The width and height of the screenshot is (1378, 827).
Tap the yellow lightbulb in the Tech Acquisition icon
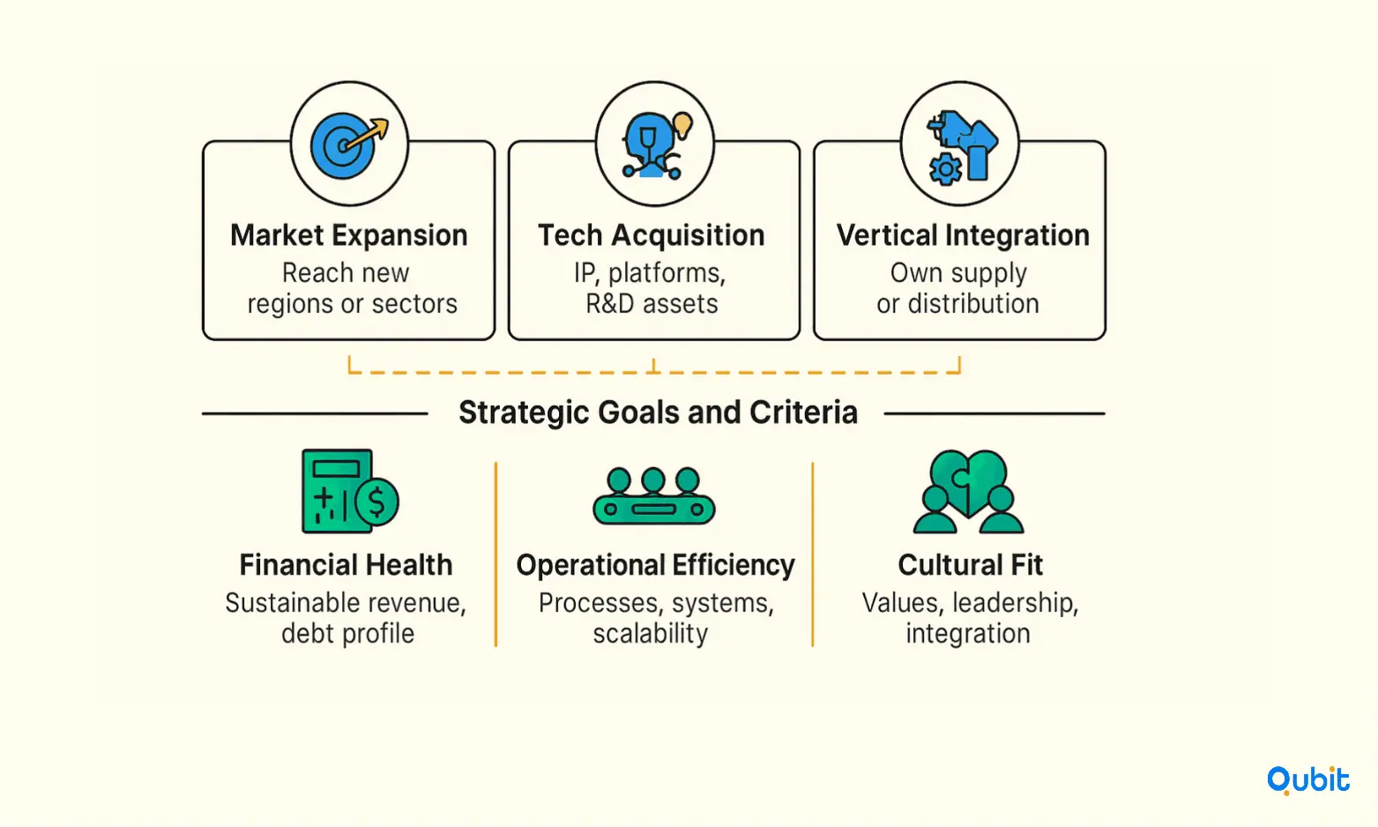click(682, 125)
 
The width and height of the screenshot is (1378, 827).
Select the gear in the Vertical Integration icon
click(945, 169)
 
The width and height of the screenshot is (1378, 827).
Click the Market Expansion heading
click(349, 235)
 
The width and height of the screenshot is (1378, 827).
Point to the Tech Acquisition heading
click(652, 235)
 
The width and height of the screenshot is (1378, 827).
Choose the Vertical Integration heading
click(963, 235)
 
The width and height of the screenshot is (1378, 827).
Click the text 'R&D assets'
click(652, 304)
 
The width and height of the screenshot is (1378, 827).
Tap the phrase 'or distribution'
click(957, 304)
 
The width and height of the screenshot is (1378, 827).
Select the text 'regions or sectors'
click(352, 304)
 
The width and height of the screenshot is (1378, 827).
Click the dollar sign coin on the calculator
click(376, 503)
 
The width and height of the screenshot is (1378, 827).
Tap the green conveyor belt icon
click(654, 496)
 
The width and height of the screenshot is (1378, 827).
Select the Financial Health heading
click(346, 565)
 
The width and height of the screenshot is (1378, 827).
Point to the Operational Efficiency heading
click(655, 565)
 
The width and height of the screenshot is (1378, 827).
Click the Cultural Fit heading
click(970, 565)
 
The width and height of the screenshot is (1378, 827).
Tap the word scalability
click(651, 634)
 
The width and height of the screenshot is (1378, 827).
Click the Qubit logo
click(1307, 780)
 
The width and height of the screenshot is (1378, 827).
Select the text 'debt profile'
click(347, 634)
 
